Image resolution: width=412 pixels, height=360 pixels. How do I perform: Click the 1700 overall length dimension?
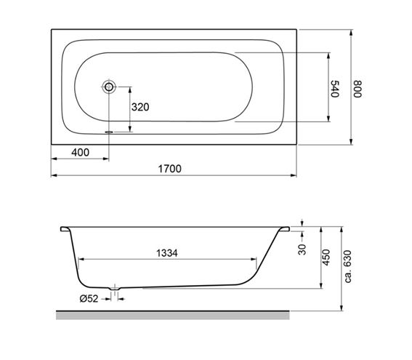[x=170, y=169]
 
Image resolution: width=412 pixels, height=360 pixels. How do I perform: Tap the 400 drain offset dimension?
[x=80, y=152]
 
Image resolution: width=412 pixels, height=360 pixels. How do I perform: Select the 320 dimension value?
[x=140, y=107]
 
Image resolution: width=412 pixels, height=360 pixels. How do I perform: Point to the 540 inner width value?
[x=335, y=89]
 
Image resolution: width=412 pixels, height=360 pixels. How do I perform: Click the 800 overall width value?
[x=358, y=89]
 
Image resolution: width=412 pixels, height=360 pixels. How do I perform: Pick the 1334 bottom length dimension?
[x=167, y=253]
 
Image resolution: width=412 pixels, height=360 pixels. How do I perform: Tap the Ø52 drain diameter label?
[x=89, y=298]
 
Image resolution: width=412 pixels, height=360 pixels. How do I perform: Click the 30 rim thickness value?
[x=302, y=249]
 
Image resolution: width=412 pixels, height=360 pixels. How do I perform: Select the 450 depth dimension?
[x=326, y=257]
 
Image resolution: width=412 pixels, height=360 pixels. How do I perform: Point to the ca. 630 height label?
[x=347, y=267]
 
